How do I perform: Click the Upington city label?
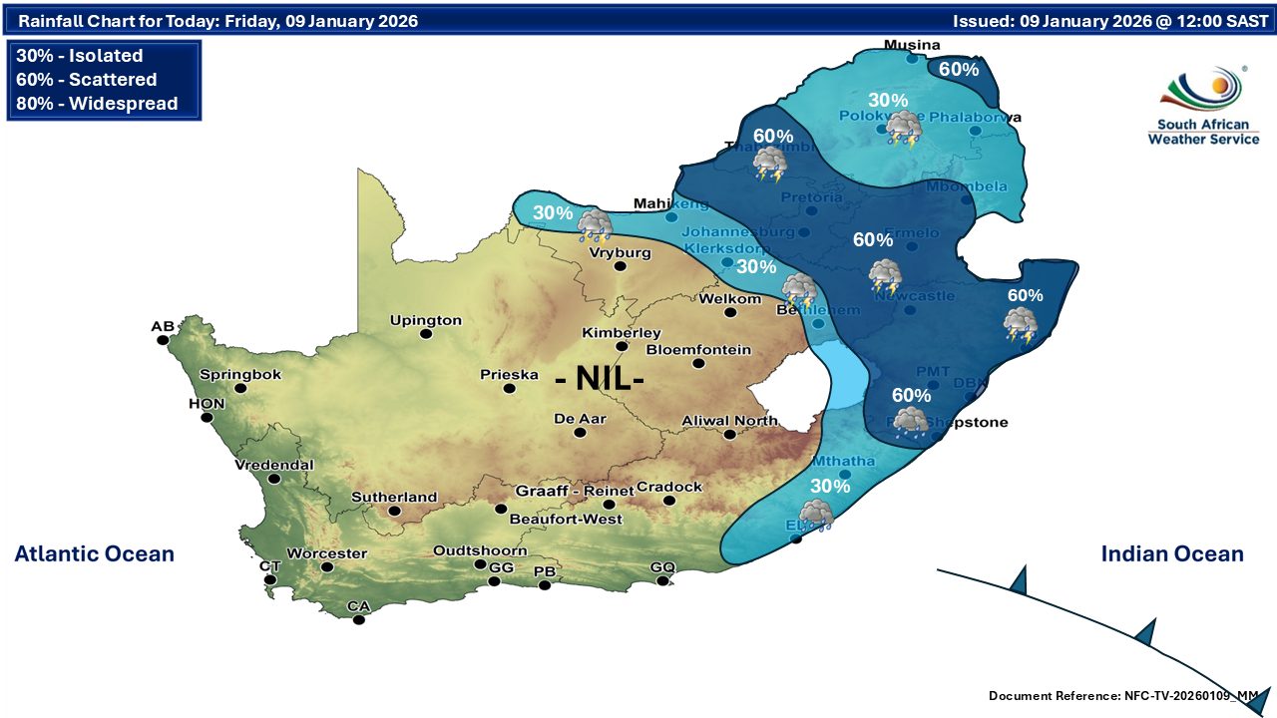(425, 320)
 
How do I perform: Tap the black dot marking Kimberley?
(622, 347)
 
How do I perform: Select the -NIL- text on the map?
(599, 379)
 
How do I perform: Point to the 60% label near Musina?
(958, 69)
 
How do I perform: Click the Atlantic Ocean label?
(94, 553)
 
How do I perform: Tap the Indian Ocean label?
(1172, 553)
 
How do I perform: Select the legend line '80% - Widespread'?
(97, 104)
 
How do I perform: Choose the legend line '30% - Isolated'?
(79, 56)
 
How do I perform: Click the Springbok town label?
(240, 374)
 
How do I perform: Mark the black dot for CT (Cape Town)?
(269, 579)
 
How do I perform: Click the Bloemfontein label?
(698, 349)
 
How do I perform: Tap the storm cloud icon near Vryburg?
(596, 225)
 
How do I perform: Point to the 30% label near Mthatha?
(830, 486)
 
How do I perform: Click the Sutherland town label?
(394, 497)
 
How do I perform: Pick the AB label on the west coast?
(162, 326)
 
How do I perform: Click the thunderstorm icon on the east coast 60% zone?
(1021, 323)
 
